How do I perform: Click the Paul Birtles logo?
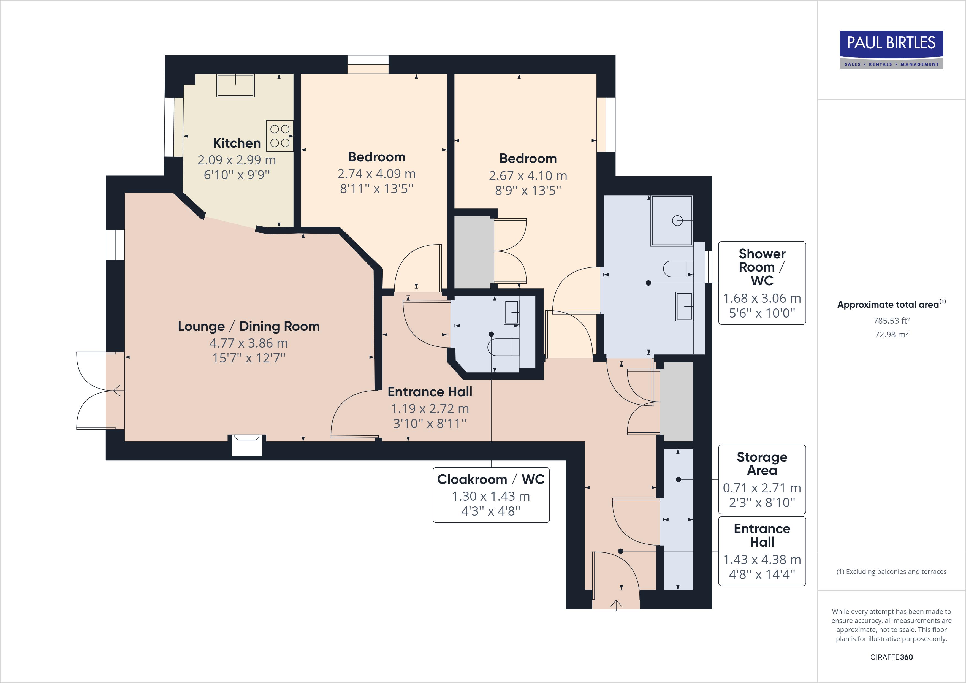click(891, 49)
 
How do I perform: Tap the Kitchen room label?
click(237, 143)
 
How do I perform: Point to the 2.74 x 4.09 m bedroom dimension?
click(376, 174)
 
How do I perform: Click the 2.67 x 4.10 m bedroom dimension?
click(528, 175)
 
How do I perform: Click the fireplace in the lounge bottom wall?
click(247, 445)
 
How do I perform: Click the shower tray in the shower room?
click(671, 221)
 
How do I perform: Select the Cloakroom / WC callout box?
click(491, 495)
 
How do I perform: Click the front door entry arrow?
click(616, 605)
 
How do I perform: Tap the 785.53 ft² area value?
click(891, 321)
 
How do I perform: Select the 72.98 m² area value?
click(891, 335)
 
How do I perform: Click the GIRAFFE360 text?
click(891, 657)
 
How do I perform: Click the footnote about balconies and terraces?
click(891, 571)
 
